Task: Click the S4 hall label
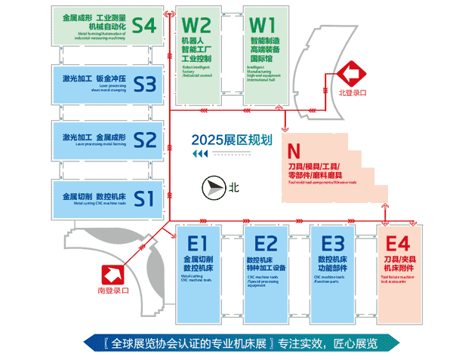pyautogui.click(x=143, y=26)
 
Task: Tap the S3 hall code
pyautogui.click(x=143, y=83)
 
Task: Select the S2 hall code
pyautogui.click(x=143, y=140)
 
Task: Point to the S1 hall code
pyautogui.click(x=143, y=198)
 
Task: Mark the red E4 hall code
pyautogui.click(x=397, y=244)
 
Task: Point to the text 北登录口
pyautogui.click(x=353, y=93)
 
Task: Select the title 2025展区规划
pyautogui.click(x=226, y=139)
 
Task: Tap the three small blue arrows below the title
pyautogui.click(x=200, y=155)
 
